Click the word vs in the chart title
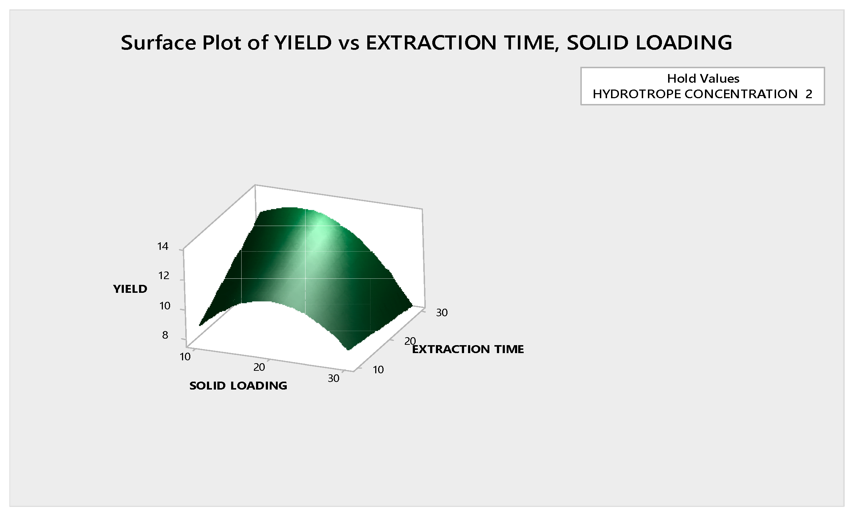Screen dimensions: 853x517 [x=349, y=43]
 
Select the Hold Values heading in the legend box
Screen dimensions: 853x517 [x=703, y=78]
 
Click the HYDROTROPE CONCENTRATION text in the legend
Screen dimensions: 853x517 [x=695, y=94]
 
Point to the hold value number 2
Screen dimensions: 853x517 [x=809, y=94]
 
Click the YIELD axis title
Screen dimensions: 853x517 [x=130, y=289]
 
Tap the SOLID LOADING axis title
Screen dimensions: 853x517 [x=238, y=386]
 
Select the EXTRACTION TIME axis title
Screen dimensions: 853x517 [x=468, y=349]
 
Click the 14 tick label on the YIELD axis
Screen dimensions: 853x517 [x=163, y=247]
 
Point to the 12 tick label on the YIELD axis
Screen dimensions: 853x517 [x=164, y=276]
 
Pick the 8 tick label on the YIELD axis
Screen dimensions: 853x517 [x=165, y=335]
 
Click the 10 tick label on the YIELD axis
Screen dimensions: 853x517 [x=165, y=306]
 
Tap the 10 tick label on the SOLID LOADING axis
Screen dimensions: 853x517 [x=185, y=357]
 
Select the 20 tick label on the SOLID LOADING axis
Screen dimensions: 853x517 [x=259, y=368]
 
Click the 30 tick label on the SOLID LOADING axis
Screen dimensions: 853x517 [x=334, y=378]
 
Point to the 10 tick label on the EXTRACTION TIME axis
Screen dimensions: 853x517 [x=378, y=370]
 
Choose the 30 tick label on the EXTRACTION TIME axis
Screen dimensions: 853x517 [x=442, y=313]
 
